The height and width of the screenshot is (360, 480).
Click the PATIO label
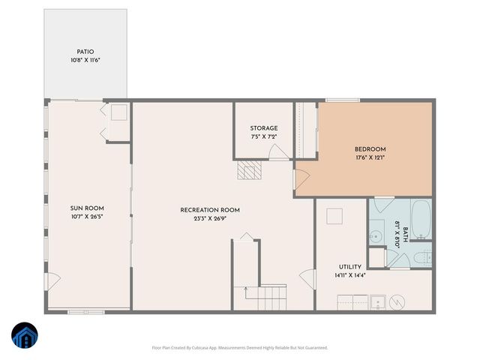(85, 52)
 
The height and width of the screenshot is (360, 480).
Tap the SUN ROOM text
(87, 208)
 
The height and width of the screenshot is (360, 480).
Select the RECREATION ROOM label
(209, 210)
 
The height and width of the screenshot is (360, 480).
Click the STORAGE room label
(264, 128)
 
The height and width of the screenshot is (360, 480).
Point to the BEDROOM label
(370, 148)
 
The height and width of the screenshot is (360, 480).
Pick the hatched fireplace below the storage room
(249, 172)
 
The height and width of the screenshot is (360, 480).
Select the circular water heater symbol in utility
(399, 302)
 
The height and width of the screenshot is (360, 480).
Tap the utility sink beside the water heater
(379, 302)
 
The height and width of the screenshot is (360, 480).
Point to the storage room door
(278, 152)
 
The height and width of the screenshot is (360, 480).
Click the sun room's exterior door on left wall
(52, 282)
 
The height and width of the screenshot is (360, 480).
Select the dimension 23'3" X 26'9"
(209, 220)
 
